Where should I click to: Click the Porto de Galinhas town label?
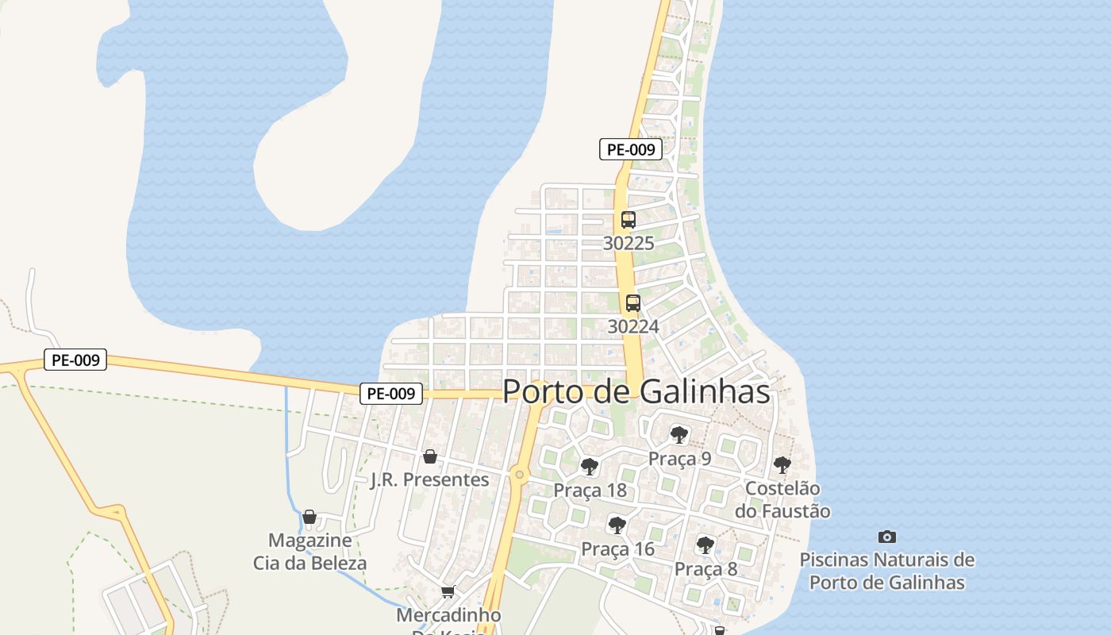(x=636, y=391)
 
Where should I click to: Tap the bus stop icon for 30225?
(x=629, y=220)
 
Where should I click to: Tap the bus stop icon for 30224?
(x=632, y=302)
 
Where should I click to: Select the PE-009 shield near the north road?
(x=630, y=149)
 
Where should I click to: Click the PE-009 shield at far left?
(x=75, y=360)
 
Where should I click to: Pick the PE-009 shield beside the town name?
(x=391, y=393)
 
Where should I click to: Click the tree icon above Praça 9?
(x=679, y=434)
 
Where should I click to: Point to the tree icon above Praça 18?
(x=589, y=466)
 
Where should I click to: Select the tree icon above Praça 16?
(x=617, y=525)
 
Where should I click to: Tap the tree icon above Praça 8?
(x=705, y=545)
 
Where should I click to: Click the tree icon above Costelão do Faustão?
(x=782, y=465)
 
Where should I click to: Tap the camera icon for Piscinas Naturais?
(x=887, y=537)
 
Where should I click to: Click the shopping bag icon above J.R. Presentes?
(x=429, y=456)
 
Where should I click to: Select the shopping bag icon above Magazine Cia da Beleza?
(x=309, y=517)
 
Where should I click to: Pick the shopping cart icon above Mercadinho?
(x=448, y=591)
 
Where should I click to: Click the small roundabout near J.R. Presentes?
(x=519, y=475)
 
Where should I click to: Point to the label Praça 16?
(x=617, y=549)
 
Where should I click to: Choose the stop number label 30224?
(x=632, y=326)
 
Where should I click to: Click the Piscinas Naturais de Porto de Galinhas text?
(x=886, y=571)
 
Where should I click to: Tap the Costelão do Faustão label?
(x=782, y=499)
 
